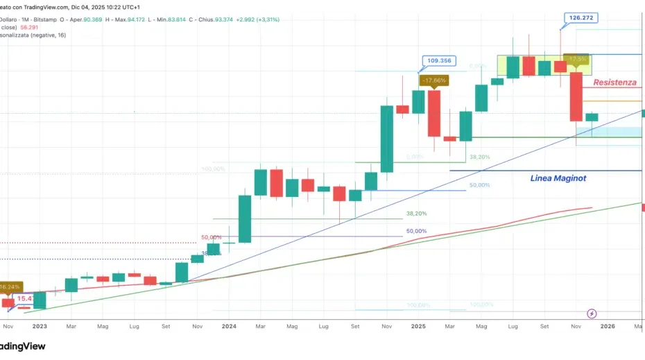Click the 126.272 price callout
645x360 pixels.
point(580,18)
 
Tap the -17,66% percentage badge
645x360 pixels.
point(434,80)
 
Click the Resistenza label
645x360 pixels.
point(614,83)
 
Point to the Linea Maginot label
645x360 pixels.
point(558,178)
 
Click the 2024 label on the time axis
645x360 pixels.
point(229,325)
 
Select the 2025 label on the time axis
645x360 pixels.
point(418,325)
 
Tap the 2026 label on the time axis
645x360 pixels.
point(608,325)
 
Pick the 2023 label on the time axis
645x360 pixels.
point(40,325)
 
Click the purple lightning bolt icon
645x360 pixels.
point(592,314)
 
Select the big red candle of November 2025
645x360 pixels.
point(576,96)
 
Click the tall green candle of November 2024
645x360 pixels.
point(386,138)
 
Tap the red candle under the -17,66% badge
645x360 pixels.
point(434,113)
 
